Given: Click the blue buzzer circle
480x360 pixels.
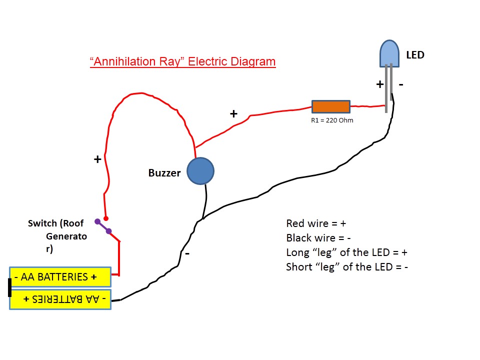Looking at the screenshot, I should [x=200, y=171].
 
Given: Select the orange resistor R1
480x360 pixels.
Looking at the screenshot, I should [x=330, y=106].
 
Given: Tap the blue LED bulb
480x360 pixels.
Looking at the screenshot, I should [x=389, y=53].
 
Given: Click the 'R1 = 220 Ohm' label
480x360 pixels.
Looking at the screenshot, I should [x=332, y=120].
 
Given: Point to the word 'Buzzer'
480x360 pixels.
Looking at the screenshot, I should [x=164, y=173].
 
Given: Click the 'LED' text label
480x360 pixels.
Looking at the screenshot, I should [x=415, y=55].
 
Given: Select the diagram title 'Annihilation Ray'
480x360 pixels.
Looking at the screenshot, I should [x=182, y=61].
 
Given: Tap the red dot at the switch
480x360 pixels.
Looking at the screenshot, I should [x=105, y=218].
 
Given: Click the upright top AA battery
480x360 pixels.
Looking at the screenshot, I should [x=60, y=276].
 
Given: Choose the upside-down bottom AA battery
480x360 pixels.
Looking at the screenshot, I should [x=60, y=299].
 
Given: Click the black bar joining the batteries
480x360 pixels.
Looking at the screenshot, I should [x=9, y=287].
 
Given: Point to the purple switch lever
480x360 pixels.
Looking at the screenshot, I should [x=103, y=226].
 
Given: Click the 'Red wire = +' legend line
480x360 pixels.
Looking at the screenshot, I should [x=316, y=223].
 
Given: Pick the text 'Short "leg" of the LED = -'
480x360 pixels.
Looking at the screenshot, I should [x=347, y=266].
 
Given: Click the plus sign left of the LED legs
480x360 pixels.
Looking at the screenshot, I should [x=379, y=84].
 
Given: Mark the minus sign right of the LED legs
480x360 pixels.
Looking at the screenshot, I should [x=401, y=84].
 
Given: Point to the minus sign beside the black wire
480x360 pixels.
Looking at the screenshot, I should [x=187, y=253].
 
